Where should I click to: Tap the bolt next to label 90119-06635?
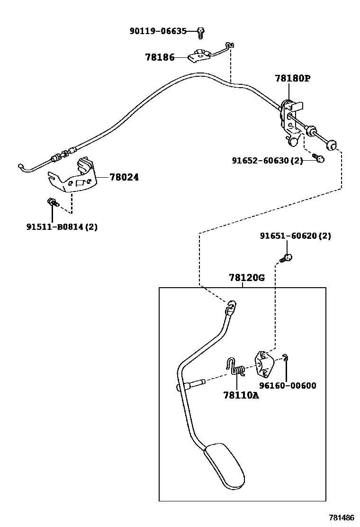pyautogui.click(x=201, y=32)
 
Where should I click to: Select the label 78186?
pyautogui.click(x=160, y=57)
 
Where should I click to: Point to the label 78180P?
pyautogui.click(x=292, y=78)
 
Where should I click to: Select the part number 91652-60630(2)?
pyautogui.click(x=267, y=161)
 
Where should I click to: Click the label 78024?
pyautogui.click(x=124, y=177)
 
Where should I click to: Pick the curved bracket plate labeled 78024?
pyautogui.click(x=76, y=178)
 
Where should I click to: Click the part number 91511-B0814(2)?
pyautogui.click(x=62, y=227)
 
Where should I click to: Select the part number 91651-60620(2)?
pyautogui.click(x=296, y=236)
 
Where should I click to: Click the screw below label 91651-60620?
pyautogui.click(x=287, y=258)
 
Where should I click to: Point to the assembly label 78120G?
pyautogui.click(x=246, y=278)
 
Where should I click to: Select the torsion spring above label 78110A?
pyautogui.click(x=235, y=367)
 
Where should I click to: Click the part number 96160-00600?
pyautogui.click(x=288, y=385)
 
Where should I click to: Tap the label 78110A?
pyautogui.click(x=241, y=395)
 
